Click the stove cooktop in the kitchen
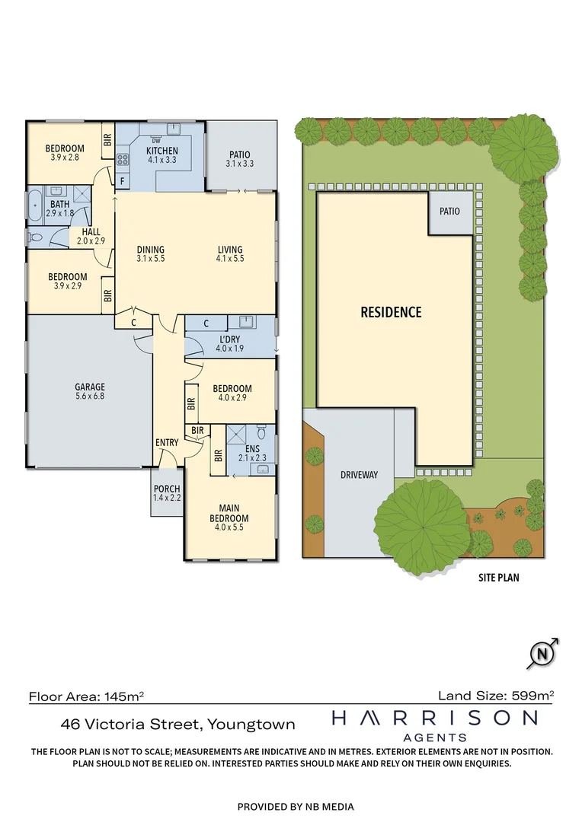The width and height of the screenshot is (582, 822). coord(121,160)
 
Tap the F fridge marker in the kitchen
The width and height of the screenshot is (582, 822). coord(122,181)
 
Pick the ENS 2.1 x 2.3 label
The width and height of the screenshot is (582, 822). coord(252,454)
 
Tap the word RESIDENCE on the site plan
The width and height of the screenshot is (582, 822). coord(391,312)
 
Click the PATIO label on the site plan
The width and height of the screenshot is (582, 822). coord(449,211)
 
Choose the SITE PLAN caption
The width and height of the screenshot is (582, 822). coord(499,578)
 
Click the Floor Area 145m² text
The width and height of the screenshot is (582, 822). coord(87,695)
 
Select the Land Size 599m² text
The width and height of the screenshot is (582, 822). coord(495,695)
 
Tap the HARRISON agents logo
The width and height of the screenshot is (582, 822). coord(433,724)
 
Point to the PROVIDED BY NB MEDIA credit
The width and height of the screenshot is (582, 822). coord(296,806)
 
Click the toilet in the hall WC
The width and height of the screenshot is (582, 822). coord(35,237)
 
